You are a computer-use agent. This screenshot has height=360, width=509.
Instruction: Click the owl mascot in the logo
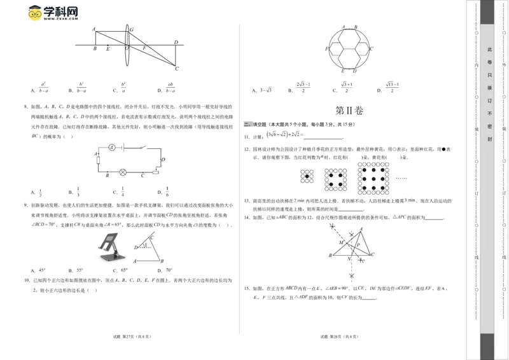point(33,13)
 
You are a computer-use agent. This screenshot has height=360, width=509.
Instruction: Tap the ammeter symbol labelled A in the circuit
point(111,147)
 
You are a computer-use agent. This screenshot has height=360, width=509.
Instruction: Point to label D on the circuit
point(164,158)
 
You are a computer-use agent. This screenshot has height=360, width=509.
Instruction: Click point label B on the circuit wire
point(107,175)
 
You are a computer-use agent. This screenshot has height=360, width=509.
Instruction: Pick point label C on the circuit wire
point(143,176)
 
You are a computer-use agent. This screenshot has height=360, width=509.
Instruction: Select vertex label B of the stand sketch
point(162,261)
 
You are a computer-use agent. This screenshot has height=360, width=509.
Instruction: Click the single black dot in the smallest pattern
point(307,175)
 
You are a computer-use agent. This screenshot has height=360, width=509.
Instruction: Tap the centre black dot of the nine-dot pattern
point(373,176)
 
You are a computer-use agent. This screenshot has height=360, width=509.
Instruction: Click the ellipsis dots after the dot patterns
point(401,177)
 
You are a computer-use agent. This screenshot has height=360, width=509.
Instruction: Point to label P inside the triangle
point(358,244)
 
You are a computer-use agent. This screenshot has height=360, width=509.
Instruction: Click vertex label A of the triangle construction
point(361,229)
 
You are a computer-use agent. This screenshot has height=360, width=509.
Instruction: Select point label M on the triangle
point(341,242)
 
